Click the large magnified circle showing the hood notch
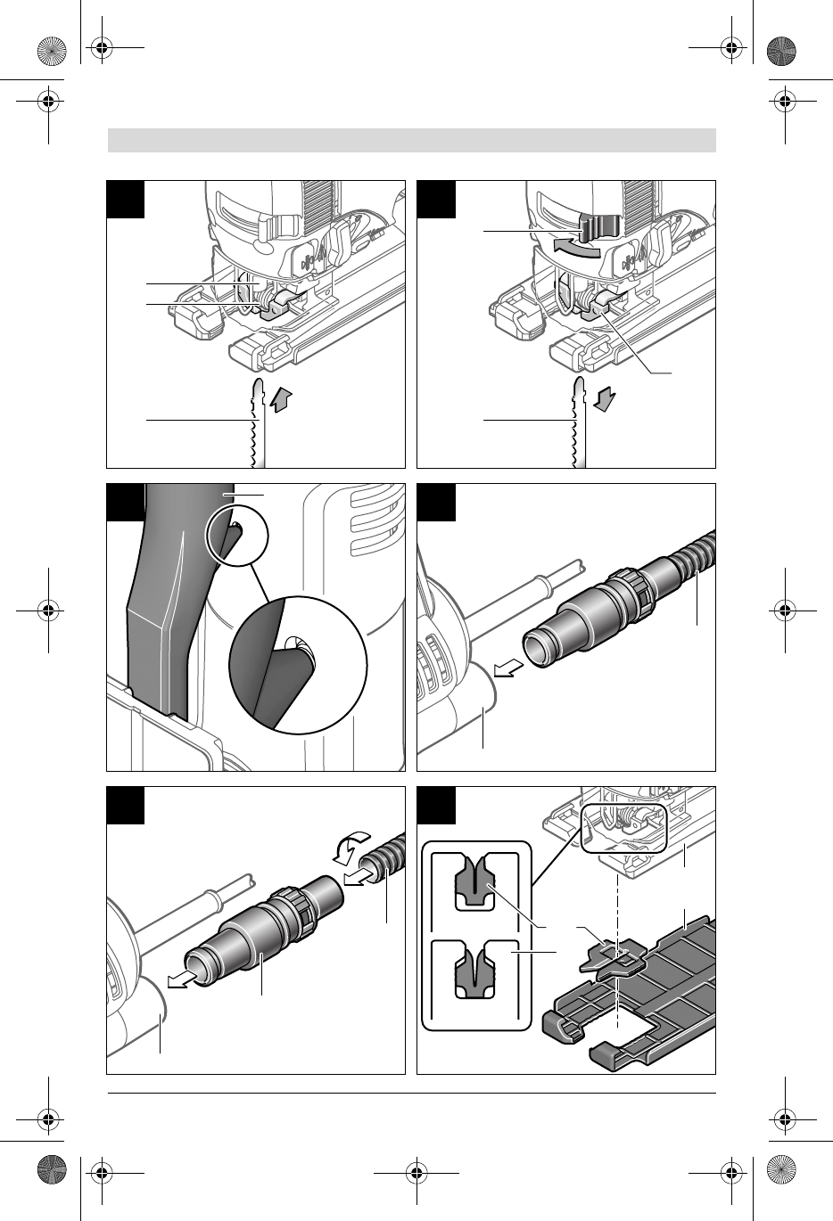click(x=298, y=661)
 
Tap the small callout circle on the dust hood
click(x=236, y=540)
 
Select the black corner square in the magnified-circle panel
click(x=125, y=502)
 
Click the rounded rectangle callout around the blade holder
click(x=623, y=827)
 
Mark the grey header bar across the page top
click(x=411, y=141)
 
